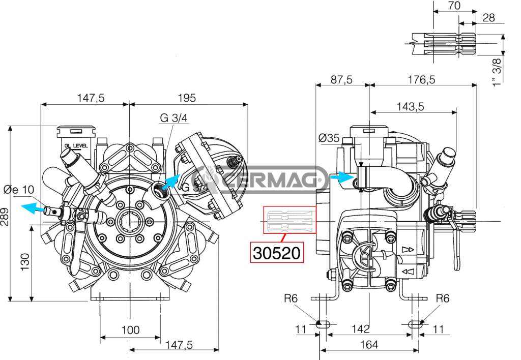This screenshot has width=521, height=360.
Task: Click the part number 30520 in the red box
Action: click(276, 253)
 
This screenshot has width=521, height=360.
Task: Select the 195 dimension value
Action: click(187, 98)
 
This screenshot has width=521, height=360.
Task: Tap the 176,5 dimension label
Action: click(421, 80)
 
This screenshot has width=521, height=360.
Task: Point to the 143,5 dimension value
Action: click(411, 107)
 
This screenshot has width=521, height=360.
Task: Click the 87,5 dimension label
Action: click(341, 80)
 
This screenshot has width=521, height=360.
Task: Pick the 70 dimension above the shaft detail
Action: click(454, 6)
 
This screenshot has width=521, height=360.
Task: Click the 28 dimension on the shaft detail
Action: click(488, 18)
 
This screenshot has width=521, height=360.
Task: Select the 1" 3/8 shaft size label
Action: click(497, 72)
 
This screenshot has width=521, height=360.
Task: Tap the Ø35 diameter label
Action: click(329, 137)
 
